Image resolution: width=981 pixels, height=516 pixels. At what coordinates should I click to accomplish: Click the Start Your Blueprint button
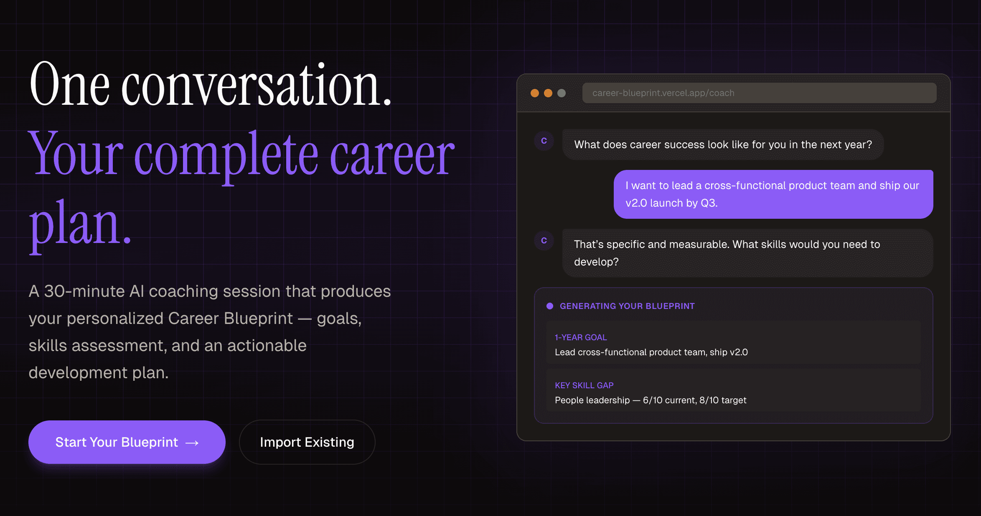click(x=127, y=442)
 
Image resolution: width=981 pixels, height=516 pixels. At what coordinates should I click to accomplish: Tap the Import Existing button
click(x=307, y=442)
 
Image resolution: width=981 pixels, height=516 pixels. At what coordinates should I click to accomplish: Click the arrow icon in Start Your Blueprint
click(x=192, y=443)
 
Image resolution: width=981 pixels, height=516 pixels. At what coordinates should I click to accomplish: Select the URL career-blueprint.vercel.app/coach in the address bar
click(x=663, y=93)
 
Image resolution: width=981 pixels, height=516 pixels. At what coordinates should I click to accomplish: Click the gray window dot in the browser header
click(x=562, y=93)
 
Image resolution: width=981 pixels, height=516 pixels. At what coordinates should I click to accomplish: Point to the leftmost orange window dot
click(x=535, y=93)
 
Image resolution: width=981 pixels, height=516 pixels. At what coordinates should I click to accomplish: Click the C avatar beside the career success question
click(x=544, y=141)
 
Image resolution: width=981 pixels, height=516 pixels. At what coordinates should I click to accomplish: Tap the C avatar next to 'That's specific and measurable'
click(x=544, y=240)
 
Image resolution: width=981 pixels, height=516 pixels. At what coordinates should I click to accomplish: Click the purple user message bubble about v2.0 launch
click(x=773, y=194)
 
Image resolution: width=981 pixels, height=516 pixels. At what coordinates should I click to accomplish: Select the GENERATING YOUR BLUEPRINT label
click(x=627, y=306)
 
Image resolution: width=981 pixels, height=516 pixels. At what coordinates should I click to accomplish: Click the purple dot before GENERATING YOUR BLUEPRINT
click(x=550, y=306)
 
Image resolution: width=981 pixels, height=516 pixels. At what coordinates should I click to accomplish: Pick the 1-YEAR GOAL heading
click(x=581, y=337)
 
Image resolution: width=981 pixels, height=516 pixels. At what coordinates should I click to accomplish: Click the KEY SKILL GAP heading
click(x=584, y=385)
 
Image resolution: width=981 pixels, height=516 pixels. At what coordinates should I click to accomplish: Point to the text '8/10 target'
click(x=723, y=400)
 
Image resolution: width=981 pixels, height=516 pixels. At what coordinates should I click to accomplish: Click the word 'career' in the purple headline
click(x=392, y=154)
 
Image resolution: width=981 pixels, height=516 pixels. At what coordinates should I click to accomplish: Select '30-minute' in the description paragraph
click(x=84, y=291)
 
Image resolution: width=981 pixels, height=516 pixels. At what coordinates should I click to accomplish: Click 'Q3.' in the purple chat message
click(x=709, y=203)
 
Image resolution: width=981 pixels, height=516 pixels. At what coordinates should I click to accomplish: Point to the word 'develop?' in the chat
click(x=596, y=262)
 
